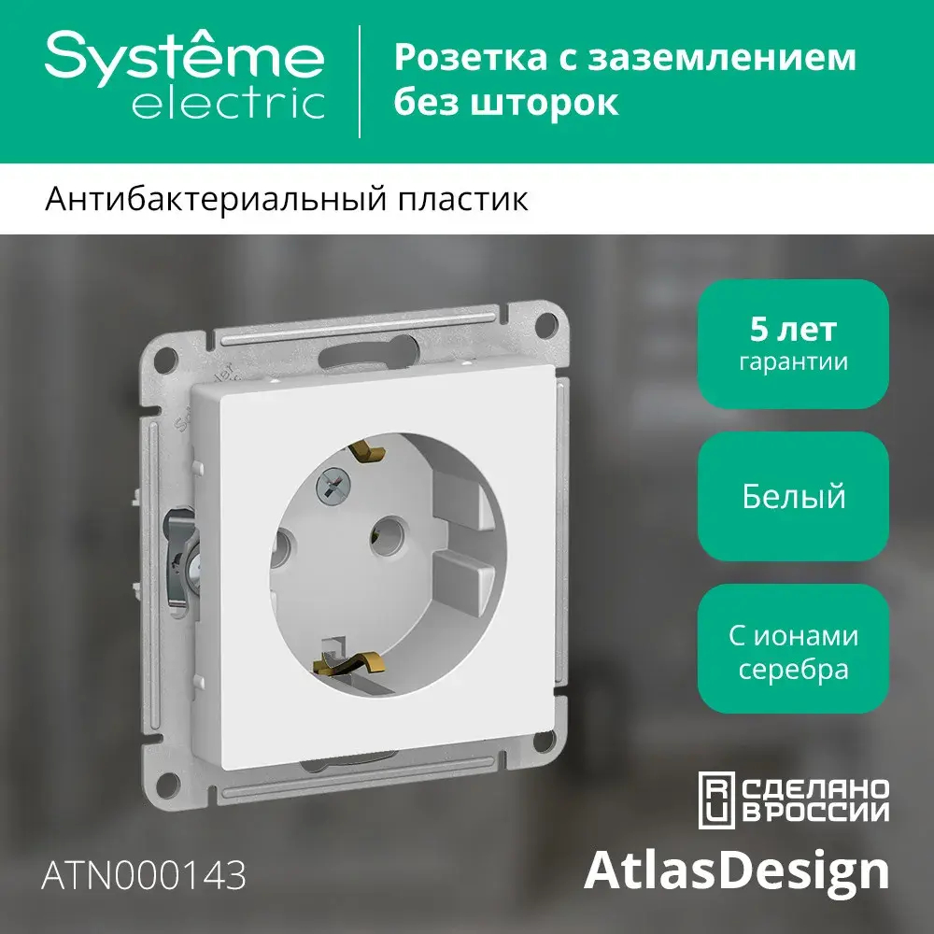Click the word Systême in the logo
click(x=185, y=57)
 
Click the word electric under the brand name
click(x=228, y=104)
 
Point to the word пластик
click(x=469, y=200)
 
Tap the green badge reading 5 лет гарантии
click(x=793, y=345)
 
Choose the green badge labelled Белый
click(x=793, y=496)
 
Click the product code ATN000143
click(x=145, y=876)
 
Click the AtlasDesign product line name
click(x=736, y=870)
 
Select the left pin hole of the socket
click(x=283, y=543)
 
